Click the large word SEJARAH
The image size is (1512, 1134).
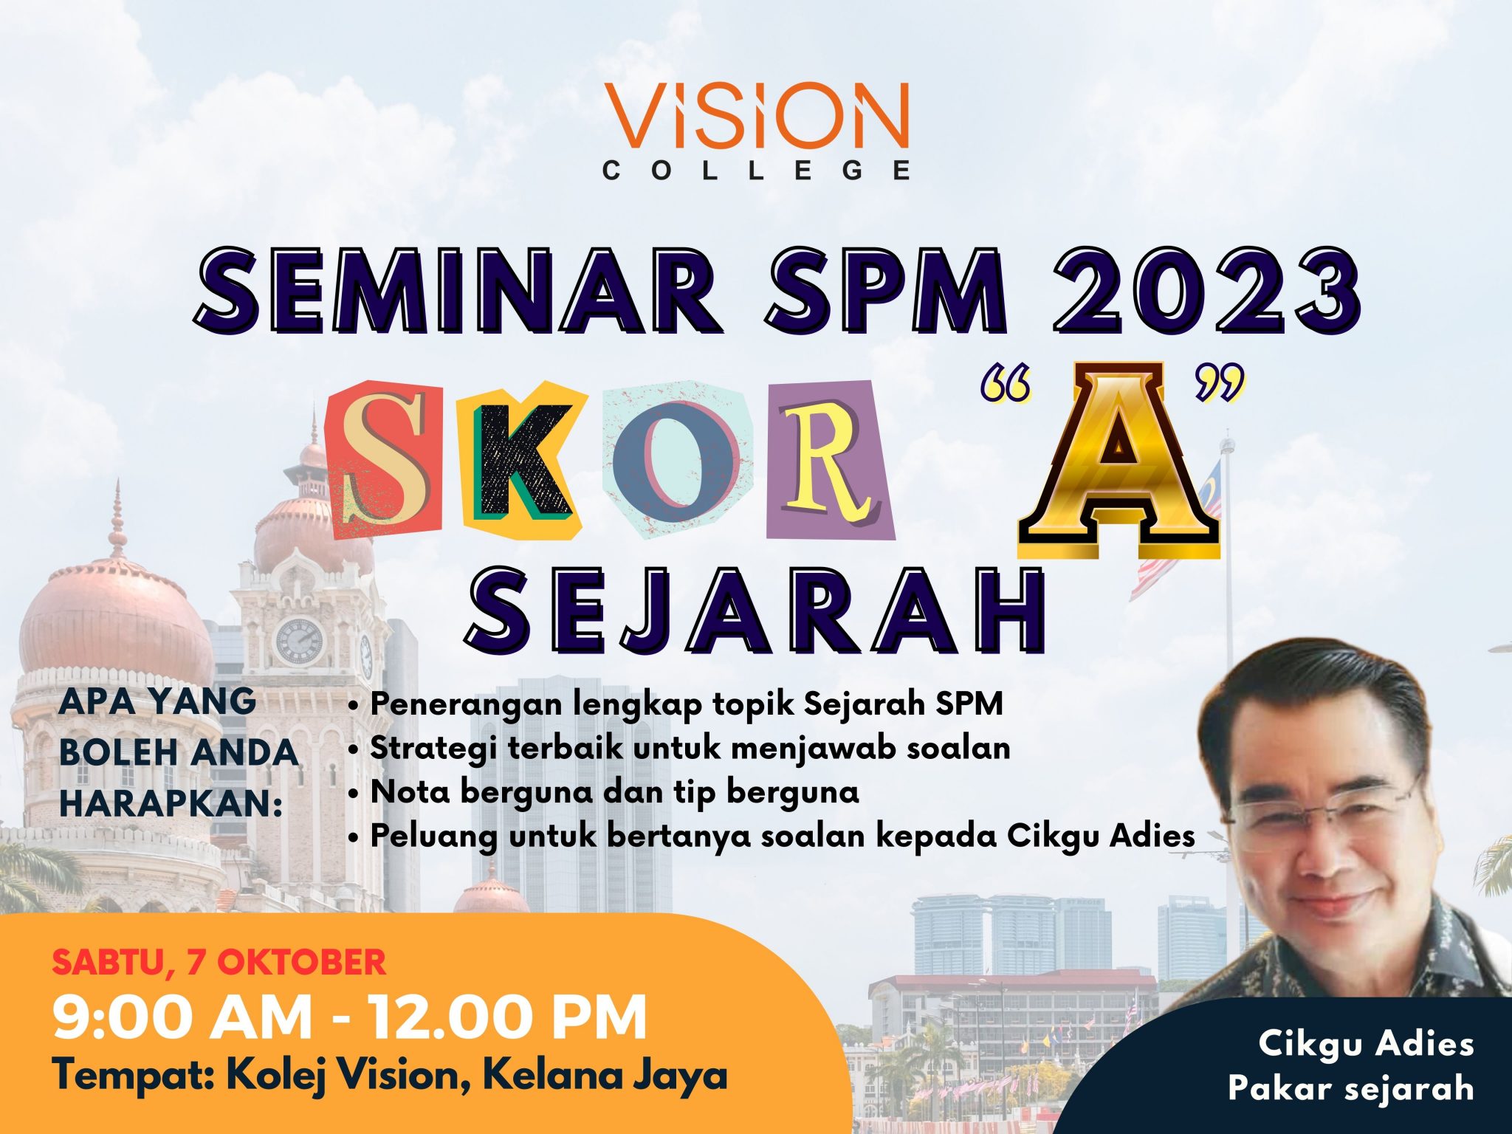[756, 613]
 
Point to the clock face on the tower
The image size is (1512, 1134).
[299, 641]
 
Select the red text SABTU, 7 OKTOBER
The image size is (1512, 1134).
[219, 962]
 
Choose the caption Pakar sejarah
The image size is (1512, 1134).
[1350, 1087]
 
